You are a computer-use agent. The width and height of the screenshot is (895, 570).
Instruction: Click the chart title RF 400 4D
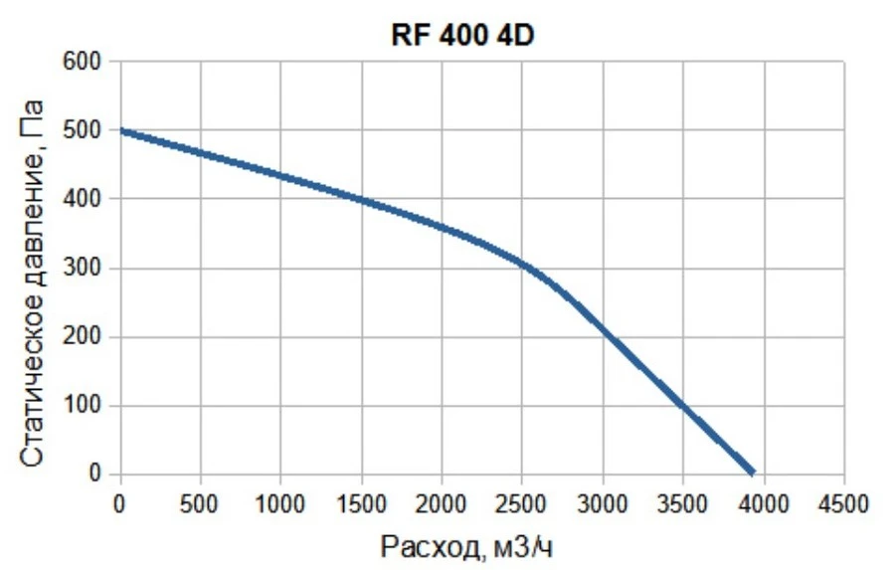coord(462,36)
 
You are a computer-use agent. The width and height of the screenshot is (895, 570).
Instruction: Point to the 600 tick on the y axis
coord(82,61)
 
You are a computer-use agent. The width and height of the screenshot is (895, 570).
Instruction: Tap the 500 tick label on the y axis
coord(82,130)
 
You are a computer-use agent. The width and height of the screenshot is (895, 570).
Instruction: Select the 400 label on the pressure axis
coord(82,199)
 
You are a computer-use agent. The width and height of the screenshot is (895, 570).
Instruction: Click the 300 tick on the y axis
coord(82,268)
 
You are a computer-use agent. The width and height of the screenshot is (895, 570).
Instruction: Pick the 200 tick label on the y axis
coord(82,336)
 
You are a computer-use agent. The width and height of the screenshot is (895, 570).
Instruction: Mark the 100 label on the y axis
coord(82,406)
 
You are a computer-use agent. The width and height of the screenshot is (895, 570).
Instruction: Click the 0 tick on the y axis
coord(94,475)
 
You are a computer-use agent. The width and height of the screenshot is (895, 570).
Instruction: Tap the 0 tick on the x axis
coord(119,504)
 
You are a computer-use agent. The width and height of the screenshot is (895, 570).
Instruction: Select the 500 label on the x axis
coord(199,504)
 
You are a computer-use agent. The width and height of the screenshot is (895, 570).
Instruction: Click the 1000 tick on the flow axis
coord(279,504)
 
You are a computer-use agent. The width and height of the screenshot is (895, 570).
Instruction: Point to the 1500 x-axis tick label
coord(361,504)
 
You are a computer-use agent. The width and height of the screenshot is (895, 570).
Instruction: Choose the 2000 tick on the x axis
coord(442,504)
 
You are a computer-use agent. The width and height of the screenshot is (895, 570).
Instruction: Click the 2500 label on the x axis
coord(522,504)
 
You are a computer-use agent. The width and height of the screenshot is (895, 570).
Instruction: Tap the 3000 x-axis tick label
coord(603,504)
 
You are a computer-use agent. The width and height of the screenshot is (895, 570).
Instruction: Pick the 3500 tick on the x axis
coord(682,504)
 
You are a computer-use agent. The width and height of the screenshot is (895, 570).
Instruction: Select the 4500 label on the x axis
coord(843,504)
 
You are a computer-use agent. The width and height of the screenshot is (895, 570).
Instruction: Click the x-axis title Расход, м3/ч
coord(466,547)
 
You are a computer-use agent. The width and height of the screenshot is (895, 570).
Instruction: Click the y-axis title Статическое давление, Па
coord(32,284)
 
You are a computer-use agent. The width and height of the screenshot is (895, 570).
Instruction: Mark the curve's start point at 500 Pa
coord(121,130)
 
